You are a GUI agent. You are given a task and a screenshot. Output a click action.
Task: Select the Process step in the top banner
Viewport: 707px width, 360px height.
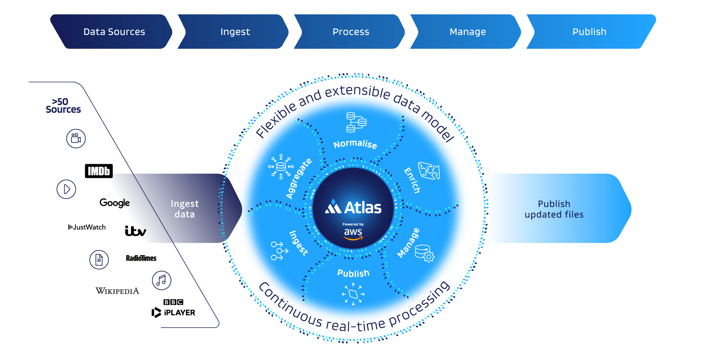click(350, 32)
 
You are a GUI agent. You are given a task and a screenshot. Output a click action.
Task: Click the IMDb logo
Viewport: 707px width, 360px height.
click(99, 171)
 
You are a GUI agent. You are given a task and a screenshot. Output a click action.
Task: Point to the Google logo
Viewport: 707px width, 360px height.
click(114, 203)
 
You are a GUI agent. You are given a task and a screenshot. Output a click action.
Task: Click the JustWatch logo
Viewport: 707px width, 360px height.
click(87, 227)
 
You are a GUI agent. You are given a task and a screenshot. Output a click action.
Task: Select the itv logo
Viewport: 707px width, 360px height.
click(135, 231)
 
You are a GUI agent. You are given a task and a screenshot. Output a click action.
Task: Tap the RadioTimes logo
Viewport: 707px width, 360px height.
click(141, 258)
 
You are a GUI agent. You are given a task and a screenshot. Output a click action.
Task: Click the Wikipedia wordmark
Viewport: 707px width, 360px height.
click(117, 291)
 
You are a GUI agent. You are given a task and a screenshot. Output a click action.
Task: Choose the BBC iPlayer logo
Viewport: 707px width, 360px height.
click(173, 308)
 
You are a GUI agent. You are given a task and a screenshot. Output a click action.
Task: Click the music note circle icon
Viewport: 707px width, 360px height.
click(162, 280)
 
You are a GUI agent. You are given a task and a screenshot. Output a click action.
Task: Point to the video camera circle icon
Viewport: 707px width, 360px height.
click(76, 138)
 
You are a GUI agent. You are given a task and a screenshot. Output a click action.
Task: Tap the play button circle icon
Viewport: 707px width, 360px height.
click(66, 189)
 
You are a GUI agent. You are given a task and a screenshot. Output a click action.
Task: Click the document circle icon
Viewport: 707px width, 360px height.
click(99, 260)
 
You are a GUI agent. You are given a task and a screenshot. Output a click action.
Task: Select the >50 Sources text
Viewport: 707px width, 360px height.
click(63, 106)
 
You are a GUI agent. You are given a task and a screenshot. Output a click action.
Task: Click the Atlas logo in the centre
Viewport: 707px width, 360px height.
click(353, 208)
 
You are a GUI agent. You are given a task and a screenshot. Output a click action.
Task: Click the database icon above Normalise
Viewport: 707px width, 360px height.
click(356, 122)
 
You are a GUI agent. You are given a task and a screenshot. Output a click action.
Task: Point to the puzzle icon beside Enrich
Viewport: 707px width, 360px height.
click(429, 171)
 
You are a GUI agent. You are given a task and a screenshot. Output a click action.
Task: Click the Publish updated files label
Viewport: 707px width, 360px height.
click(554, 209)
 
